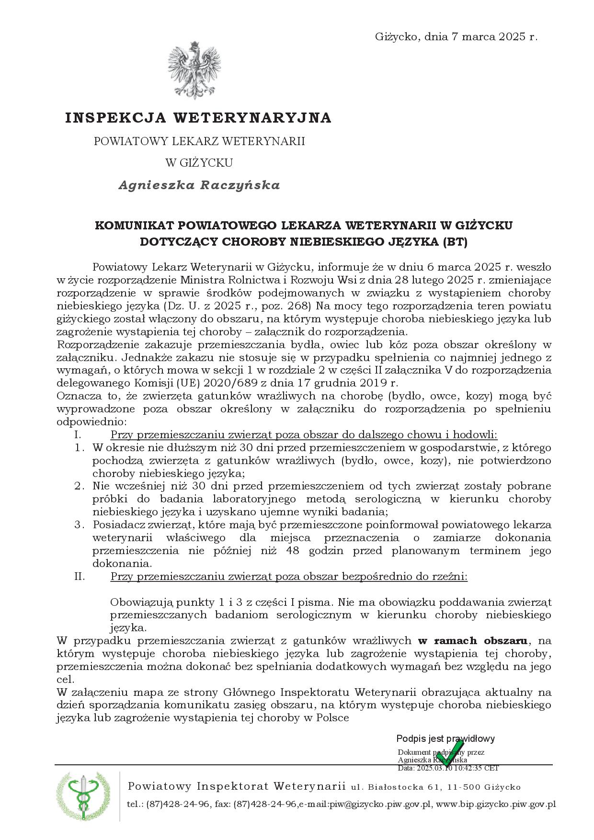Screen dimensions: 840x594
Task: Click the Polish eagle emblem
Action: (194, 70)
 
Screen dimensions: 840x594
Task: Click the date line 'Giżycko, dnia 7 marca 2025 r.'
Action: (456, 37)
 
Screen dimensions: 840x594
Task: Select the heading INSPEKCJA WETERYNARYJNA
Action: (198, 118)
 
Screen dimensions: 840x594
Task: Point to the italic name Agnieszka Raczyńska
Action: (199, 185)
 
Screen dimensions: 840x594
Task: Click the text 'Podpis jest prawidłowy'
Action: (445, 738)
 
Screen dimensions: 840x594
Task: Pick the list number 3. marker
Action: (80, 524)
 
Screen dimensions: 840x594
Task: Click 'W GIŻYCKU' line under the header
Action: (199, 163)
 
